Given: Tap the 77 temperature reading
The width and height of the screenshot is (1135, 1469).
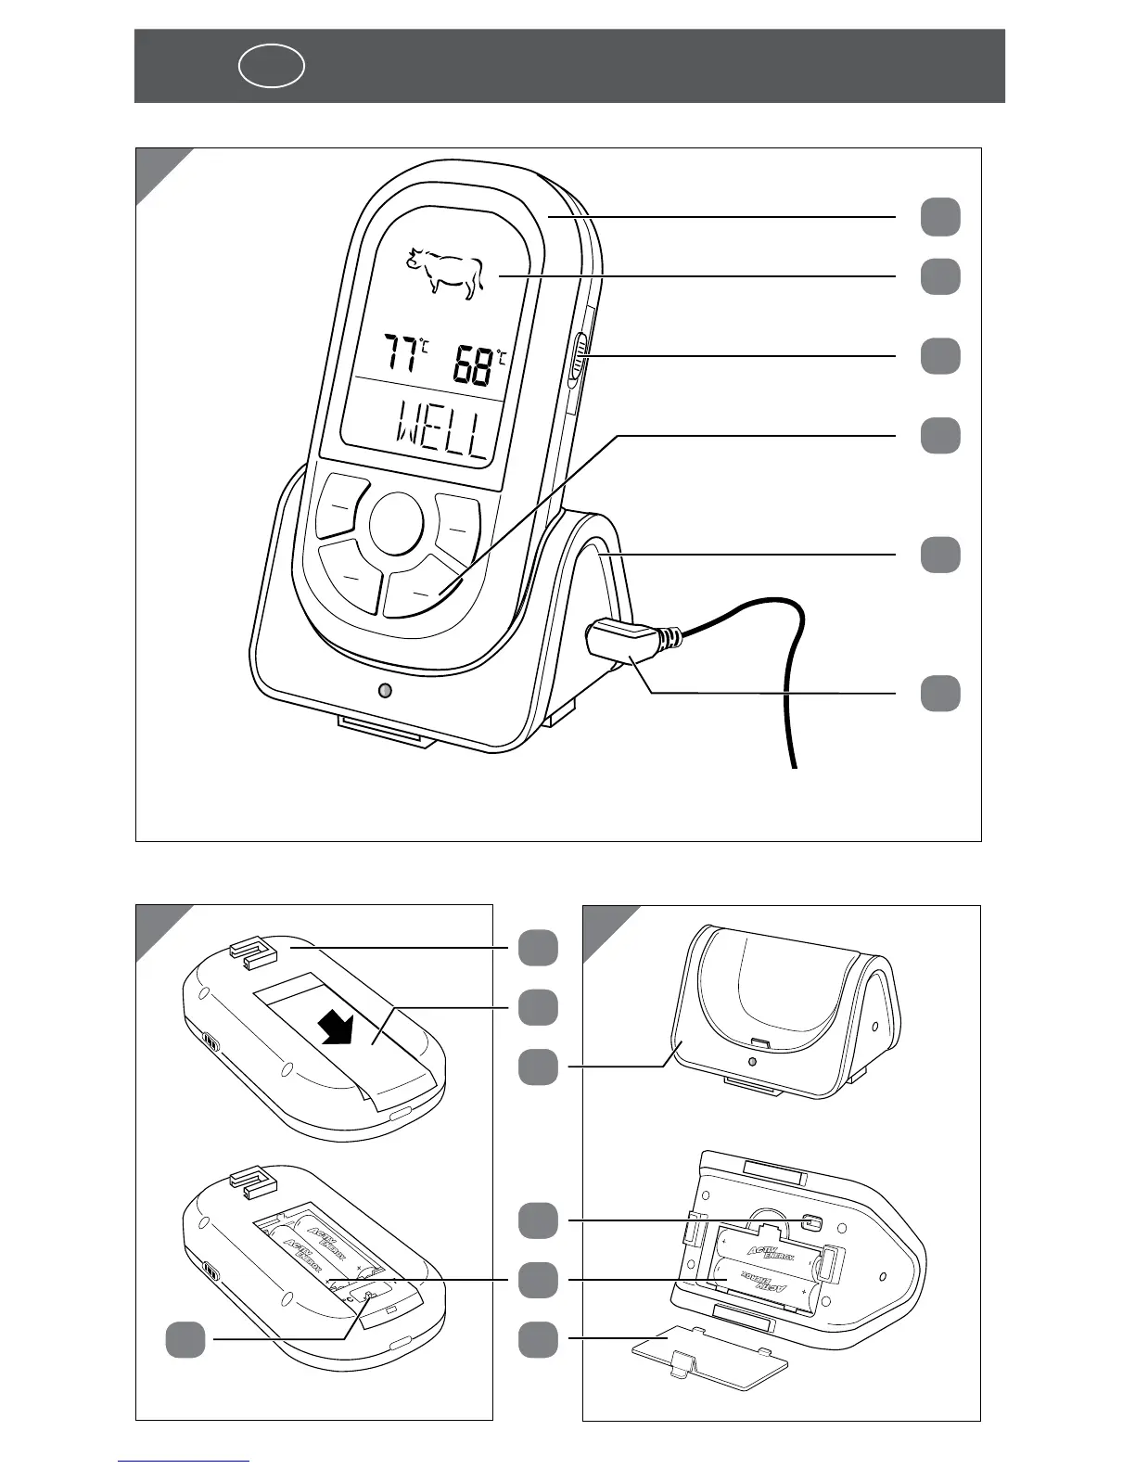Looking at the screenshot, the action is [402, 355].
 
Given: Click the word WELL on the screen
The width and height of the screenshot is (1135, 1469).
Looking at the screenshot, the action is [441, 433].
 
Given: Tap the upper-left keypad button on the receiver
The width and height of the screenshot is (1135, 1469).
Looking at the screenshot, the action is [340, 506].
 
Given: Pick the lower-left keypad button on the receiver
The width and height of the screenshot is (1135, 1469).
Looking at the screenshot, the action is [351, 577].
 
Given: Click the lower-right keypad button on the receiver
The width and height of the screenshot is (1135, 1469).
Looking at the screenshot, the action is [423, 588].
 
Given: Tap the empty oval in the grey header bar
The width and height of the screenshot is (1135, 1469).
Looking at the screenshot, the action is [272, 66].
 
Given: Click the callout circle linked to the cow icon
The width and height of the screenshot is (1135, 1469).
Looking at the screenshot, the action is [940, 276].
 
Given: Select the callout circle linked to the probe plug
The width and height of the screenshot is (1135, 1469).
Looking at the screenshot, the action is [940, 694].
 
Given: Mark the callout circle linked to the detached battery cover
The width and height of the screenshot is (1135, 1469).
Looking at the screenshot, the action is [538, 1339].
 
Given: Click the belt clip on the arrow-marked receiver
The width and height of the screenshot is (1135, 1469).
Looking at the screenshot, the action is [251, 951].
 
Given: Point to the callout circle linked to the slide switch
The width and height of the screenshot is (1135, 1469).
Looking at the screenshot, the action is [940, 356].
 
